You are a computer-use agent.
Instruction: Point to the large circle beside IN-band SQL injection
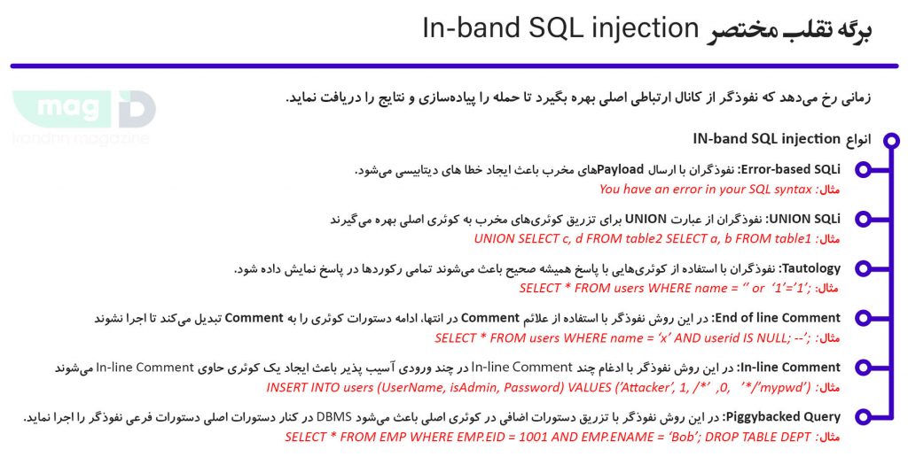pyautogui.click(x=889, y=140)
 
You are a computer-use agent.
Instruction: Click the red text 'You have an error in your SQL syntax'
pyautogui.click(x=705, y=189)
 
